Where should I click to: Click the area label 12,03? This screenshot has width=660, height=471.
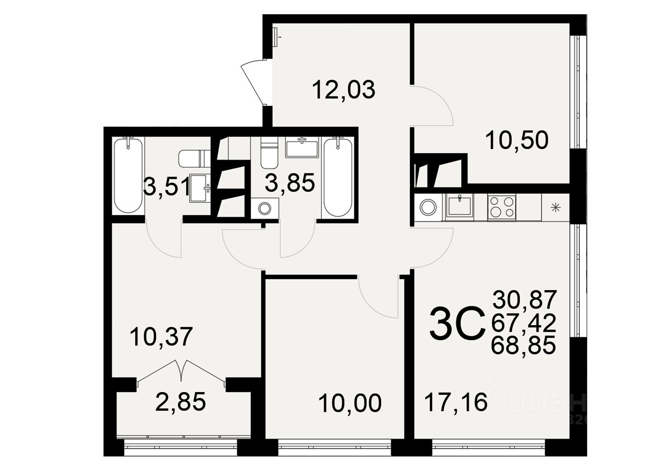pos(343,89)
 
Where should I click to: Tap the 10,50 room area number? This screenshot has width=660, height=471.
pos(516,141)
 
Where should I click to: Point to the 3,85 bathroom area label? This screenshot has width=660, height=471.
pos(290,183)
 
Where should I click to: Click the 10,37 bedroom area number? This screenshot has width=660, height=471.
pos(162,336)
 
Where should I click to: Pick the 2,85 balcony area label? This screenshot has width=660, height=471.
pos(180,402)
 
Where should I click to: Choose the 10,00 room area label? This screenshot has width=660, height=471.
pos(349,404)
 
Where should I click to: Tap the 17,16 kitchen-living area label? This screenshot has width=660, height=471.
pos(456,404)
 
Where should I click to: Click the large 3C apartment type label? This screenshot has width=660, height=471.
pos(457,324)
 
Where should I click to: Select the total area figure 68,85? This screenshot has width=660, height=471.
pos(524,345)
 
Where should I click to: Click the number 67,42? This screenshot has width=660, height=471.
pos(524,322)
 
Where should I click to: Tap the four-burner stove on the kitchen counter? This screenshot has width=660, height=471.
pos(502,207)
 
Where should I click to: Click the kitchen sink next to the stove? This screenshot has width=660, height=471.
pos(460,207)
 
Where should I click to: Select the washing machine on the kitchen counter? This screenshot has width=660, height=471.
pos(428,207)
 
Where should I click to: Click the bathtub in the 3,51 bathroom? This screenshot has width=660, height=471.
pos(128,175)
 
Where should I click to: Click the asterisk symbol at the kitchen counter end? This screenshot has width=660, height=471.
pos(556,207)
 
